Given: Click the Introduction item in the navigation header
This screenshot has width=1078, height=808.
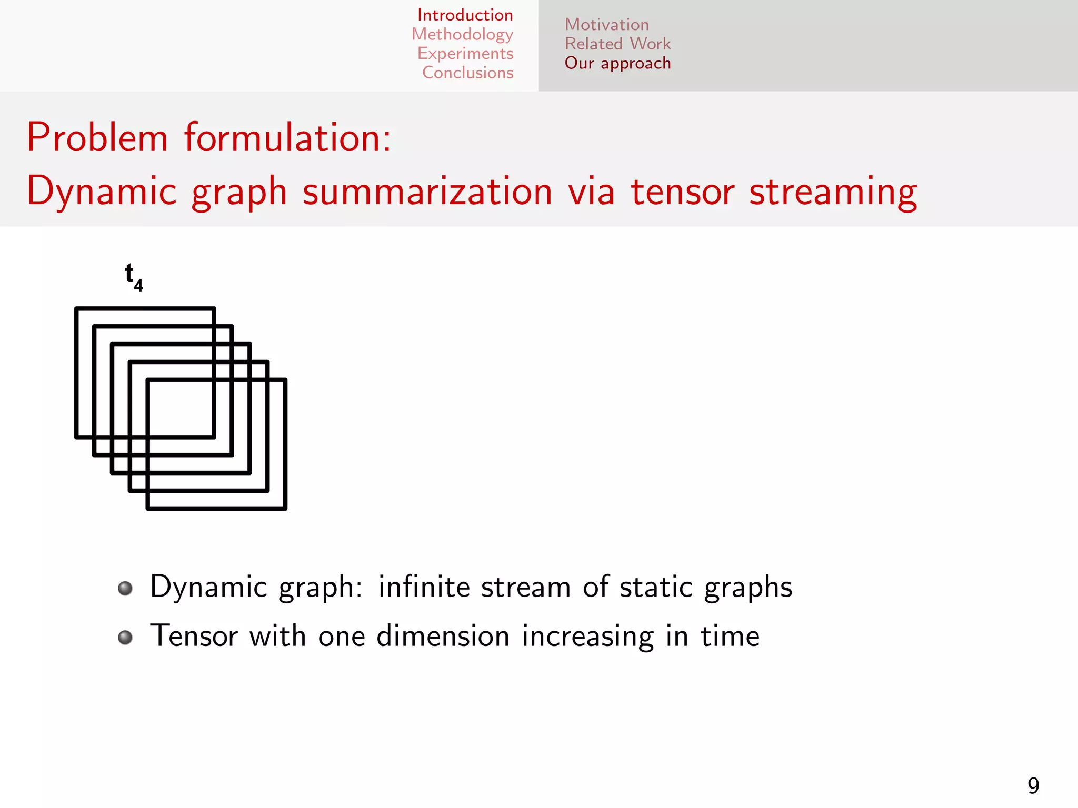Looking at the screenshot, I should point(465,15).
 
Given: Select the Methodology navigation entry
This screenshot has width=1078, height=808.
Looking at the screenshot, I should point(462,34).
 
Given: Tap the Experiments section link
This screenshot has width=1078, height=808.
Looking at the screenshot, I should point(465,54).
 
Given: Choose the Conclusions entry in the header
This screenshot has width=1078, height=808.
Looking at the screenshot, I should point(467,73).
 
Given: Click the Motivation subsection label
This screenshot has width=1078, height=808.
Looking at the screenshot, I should point(606,25).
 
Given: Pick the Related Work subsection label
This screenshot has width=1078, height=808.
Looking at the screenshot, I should point(617,44).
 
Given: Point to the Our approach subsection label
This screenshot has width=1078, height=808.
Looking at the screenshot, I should point(617,63).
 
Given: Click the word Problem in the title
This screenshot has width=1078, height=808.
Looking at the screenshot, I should point(97,138).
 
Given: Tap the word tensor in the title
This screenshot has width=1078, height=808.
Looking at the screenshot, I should point(682,191).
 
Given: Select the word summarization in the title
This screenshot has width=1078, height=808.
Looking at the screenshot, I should point(427,191).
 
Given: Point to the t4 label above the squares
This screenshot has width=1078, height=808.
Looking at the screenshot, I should point(133,277).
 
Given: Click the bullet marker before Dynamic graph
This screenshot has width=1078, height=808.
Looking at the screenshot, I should point(125,588).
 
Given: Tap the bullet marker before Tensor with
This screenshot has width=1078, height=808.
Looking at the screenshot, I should point(125,638).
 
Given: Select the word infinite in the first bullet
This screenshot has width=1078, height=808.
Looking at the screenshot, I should point(423,587).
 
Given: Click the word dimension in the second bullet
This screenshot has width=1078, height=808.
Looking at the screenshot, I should point(443,636).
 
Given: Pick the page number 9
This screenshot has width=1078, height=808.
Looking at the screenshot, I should point(1033,786).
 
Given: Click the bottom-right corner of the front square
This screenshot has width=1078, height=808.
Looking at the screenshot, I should point(285,508).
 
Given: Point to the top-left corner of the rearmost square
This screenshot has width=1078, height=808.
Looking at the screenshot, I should point(77,309).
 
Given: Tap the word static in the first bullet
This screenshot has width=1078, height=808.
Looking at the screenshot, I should point(656,587).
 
